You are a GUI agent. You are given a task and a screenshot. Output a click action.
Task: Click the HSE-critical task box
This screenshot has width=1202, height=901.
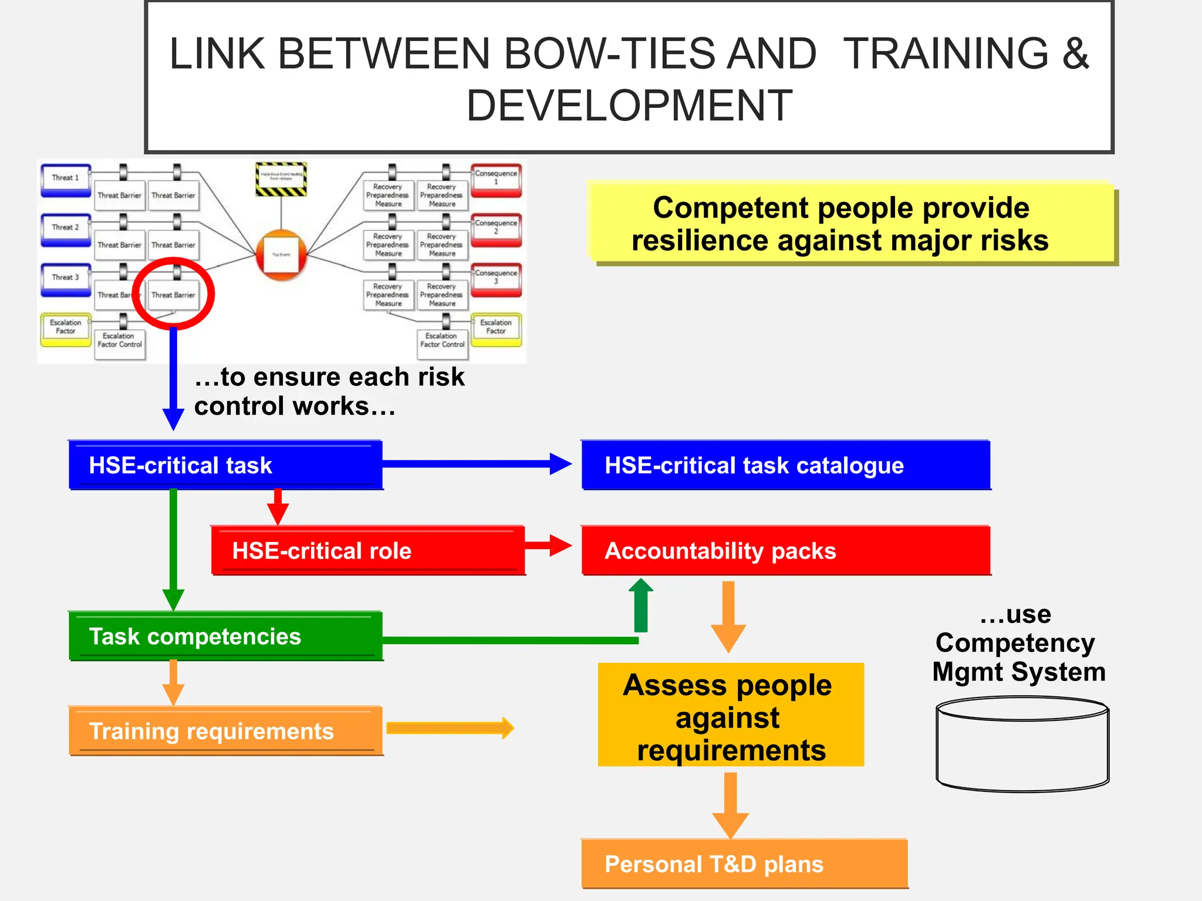225,465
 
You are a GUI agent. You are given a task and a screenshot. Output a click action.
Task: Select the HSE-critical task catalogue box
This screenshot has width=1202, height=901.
785,465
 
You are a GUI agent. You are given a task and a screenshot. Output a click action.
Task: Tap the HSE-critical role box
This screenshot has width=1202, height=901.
368,551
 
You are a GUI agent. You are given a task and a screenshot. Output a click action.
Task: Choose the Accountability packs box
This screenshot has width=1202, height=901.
785,551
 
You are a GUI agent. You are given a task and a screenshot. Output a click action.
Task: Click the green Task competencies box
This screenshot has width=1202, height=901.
225,636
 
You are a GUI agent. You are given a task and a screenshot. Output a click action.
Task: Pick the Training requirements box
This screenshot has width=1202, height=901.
225,731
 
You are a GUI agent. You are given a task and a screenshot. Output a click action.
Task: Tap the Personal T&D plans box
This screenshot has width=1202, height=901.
744,864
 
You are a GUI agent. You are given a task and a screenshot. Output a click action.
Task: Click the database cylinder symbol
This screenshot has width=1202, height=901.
1022,745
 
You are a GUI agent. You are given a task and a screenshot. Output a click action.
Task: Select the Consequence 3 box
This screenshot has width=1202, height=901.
496,278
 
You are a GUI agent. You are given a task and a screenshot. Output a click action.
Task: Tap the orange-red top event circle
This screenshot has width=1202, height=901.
282,255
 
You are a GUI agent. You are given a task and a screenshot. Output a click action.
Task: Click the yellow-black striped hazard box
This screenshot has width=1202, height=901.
281,179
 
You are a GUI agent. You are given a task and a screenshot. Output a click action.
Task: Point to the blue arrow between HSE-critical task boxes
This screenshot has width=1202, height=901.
475,464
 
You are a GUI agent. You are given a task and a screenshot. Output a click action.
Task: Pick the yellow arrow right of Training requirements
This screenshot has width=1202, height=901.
450,729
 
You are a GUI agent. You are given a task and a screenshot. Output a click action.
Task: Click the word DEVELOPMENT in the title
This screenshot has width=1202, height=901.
629,106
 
